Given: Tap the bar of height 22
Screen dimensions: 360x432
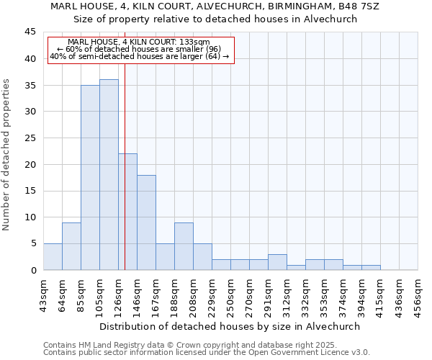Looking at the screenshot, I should pyautogui.click(x=127, y=212).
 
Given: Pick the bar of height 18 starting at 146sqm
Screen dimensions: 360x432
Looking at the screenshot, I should pyautogui.click(x=146, y=222).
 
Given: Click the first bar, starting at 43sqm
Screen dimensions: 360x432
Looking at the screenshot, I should pyautogui.click(x=53, y=257).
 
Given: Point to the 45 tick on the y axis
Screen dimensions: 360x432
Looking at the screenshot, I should pyautogui.click(x=30, y=32).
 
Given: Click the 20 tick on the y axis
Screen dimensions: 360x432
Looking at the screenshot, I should pyautogui.click(x=30, y=164).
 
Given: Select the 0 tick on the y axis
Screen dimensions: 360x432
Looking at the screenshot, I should pyautogui.click(x=33, y=270).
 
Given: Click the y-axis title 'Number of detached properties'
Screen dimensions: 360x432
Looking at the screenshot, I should pyautogui.click(x=7, y=155).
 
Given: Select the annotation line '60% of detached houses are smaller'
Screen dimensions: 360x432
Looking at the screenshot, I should pyautogui.click(x=139, y=49).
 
